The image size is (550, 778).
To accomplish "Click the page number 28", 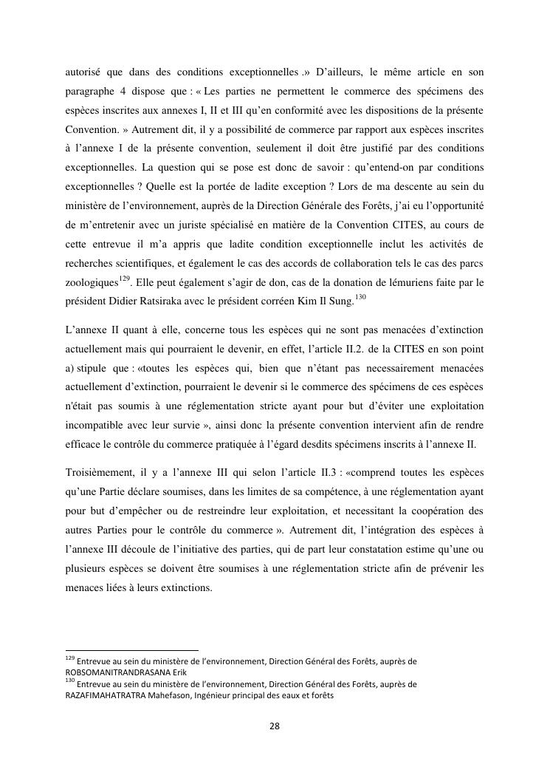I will tap(274, 726).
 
